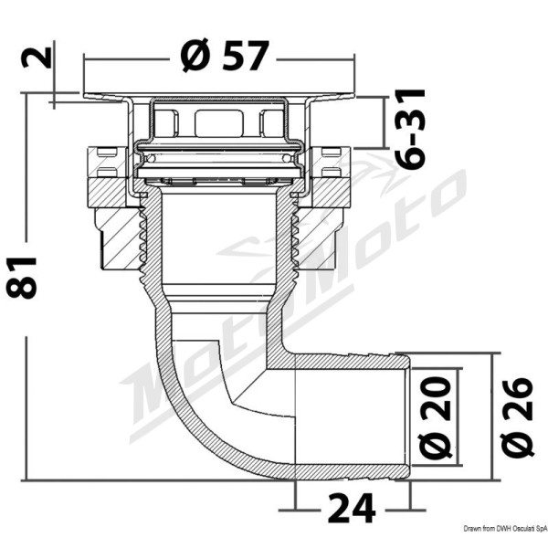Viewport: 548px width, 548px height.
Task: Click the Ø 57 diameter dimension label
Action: pos(225,56)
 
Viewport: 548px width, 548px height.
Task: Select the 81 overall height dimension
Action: pos(21,278)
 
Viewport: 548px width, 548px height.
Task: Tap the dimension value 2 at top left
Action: pos(37,58)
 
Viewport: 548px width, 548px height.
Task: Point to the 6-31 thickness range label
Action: pos(409,130)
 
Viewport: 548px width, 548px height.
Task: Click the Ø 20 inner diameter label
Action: pos(435,417)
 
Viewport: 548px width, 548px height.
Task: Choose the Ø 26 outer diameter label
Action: pos(517,417)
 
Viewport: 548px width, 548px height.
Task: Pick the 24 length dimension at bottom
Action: pos(353,508)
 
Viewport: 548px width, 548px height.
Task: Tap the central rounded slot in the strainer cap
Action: pos(218,123)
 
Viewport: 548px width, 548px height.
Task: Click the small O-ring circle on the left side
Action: pos(152,158)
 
